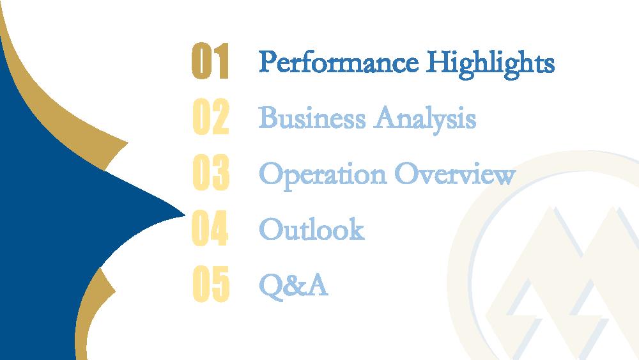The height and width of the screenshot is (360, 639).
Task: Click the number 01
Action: pos(210,61)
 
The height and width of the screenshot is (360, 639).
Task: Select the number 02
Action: pos(211,116)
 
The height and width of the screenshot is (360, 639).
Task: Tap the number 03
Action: pos(211,172)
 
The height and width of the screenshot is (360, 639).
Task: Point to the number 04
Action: pos(210,228)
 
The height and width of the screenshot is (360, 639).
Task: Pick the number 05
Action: pos(211,283)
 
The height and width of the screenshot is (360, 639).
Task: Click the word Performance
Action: pos(339,62)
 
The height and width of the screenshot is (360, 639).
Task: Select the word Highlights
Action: pos(490,63)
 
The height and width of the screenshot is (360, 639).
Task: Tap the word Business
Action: pos(312,118)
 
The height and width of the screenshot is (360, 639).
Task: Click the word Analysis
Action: pos(425,119)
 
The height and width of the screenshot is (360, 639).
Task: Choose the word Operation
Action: pos(322,175)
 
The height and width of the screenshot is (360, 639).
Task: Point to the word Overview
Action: pos(455,173)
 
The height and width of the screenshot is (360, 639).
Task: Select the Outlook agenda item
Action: pos(311,228)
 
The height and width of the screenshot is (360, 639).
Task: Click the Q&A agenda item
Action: pos(293,285)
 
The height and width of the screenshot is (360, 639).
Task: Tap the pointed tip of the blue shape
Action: pos(185,215)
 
